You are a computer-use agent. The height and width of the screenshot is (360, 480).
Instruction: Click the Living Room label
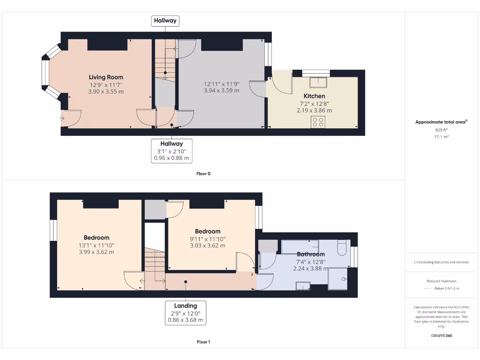pyautogui.click(x=106, y=77)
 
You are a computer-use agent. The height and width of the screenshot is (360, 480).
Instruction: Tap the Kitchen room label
pyautogui.click(x=314, y=96)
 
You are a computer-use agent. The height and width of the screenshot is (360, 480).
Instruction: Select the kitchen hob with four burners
pyautogui.click(x=318, y=122)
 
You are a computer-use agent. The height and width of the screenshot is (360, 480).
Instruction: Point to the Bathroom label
pyautogui.click(x=310, y=254)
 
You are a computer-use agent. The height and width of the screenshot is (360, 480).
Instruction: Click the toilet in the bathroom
pyautogui.click(x=342, y=247)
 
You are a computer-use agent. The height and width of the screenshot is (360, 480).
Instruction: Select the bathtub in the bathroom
pyautogui.click(x=300, y=246)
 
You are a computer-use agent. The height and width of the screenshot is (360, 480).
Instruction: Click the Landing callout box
pyautogui.click(x=186, y=313)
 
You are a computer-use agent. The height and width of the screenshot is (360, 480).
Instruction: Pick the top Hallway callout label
pyautogui.click(x=165, y=21)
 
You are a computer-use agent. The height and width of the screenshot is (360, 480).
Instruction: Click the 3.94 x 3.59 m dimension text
pyautogui.click(x=222, y=90)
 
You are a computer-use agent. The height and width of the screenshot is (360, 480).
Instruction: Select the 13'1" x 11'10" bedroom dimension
pyautogui.click(x=97, y=245)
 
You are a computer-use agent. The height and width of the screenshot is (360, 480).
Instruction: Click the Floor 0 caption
pyautogui.click(x=203, y=173)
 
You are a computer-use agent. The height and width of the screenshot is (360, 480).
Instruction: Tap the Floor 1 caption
pyautogui.click(x=203, y=342)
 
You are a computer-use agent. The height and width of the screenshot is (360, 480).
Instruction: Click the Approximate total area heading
pyautogui.click(x=442, y=122)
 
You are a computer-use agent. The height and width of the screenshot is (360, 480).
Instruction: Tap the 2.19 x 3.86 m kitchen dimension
pyautogui.click(x=314, y=111)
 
